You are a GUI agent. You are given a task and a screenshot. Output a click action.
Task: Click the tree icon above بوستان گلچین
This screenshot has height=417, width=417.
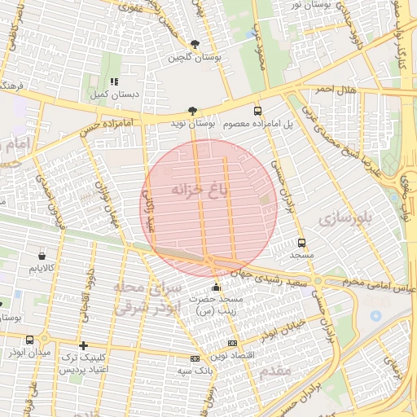pos(194,44)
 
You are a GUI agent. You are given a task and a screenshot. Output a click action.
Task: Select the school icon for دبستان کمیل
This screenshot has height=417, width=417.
pos(114,81)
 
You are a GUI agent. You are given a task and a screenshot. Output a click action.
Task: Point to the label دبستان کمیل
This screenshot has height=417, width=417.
pos(114,94)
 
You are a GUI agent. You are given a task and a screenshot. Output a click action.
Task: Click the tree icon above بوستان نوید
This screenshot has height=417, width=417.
pos(192,111)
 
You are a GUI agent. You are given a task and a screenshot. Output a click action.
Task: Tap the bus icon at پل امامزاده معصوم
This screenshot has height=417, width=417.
pos(258,111)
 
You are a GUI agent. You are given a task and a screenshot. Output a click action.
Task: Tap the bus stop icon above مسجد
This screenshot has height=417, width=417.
pos(302,243)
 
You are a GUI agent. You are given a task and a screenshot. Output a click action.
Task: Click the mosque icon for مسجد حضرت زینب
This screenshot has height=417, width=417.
pos(215,287)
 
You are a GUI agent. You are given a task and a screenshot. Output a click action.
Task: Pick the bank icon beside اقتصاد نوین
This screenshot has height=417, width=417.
pos(233,344)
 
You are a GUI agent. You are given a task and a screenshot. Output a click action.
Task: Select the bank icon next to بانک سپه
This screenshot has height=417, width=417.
pos(195,358)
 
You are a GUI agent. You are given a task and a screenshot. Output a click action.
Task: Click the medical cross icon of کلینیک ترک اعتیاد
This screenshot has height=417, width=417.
pos(83,346)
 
